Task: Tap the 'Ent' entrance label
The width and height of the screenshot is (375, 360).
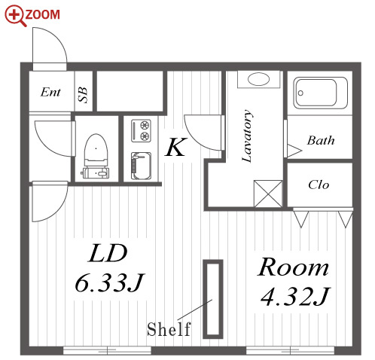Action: pos(50,92)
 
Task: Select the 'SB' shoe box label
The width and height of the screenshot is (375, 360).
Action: pos(83,95)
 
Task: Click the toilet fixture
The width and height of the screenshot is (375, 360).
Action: pos(96,156)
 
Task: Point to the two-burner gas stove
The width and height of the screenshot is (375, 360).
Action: pos(142,131)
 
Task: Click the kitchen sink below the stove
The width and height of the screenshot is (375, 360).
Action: pos(141,166)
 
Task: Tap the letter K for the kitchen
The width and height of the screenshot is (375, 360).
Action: pos(176,147)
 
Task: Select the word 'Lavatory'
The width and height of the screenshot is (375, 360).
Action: pos(247,136)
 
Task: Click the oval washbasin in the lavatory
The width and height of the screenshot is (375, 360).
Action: pos(258,79)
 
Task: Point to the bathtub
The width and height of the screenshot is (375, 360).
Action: pos(321,93)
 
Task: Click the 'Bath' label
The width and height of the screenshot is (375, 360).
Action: pos(321,140)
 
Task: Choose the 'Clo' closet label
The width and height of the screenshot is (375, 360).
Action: pos(319,185)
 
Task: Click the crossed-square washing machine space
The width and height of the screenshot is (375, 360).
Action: pos(268,194)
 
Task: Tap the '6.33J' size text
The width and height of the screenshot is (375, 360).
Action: pos(109,283)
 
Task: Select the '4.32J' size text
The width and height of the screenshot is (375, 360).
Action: pos(295,297)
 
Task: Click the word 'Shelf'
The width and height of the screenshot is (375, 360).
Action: pos(169,329)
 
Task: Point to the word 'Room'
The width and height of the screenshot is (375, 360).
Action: pos(293,267)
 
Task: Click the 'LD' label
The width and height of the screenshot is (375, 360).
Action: pos(108,253)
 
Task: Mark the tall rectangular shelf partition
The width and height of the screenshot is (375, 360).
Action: pos(213,299)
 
